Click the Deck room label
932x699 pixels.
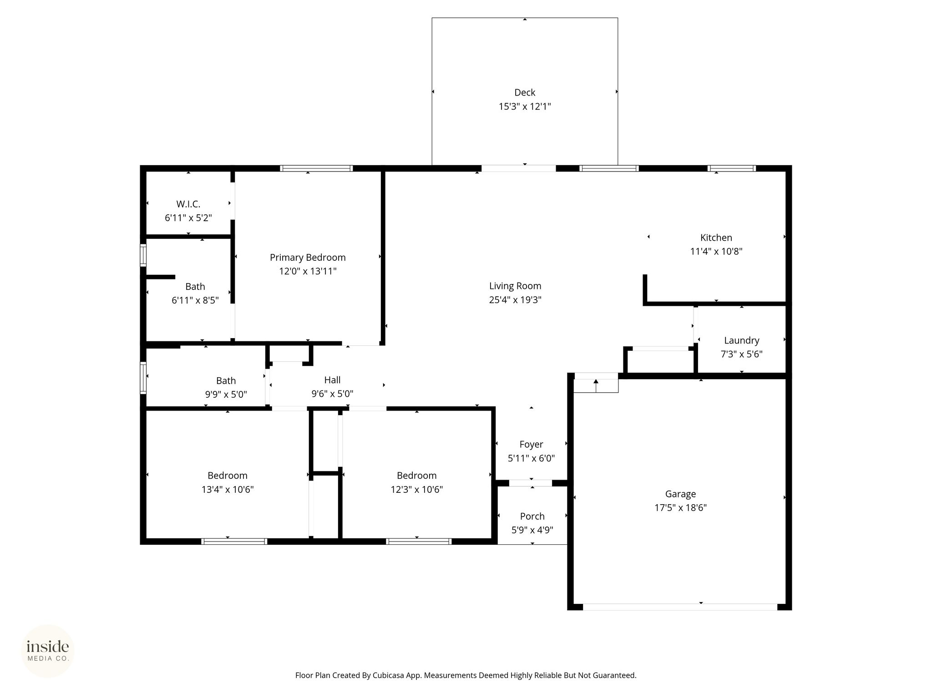525,92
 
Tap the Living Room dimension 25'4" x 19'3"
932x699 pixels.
515,300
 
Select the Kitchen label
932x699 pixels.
716,238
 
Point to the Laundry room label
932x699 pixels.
742,340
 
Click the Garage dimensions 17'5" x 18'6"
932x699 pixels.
680,508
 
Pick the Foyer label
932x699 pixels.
532,445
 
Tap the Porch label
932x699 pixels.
532,517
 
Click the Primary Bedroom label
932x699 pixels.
308,258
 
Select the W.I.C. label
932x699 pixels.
188,204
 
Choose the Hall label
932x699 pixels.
333,380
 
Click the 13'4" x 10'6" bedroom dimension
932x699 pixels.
228,490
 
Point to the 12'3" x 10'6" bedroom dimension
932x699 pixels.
417,490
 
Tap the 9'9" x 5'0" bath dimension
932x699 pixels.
226,395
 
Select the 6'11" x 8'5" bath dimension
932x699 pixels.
195,300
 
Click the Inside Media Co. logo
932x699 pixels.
48,651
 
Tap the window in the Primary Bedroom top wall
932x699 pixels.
317,168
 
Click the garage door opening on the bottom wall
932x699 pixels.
680,607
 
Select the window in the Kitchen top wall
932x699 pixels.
732,168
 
